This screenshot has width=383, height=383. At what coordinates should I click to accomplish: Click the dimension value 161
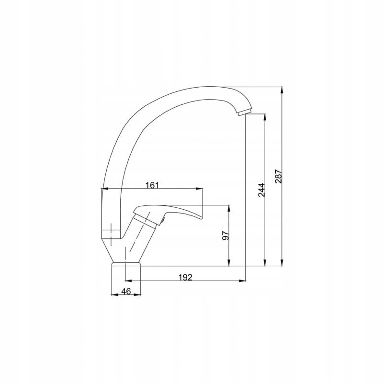[x=152, y=185]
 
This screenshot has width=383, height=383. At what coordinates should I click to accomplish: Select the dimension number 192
[x=185, y=278]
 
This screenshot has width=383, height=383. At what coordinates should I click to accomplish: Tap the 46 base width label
[x=126, y=291]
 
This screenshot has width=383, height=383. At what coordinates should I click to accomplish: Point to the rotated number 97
[x=226, y=236]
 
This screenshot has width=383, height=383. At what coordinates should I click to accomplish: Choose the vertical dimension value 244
[x=261, y=190]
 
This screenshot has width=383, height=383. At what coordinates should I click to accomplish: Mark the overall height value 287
[x=279, y=176]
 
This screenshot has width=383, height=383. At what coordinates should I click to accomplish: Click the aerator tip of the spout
[x=245, y=112]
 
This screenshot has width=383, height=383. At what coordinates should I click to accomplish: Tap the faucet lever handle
[x=168, y=212]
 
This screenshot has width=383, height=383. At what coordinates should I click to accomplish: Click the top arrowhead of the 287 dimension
[x=282, y=90]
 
